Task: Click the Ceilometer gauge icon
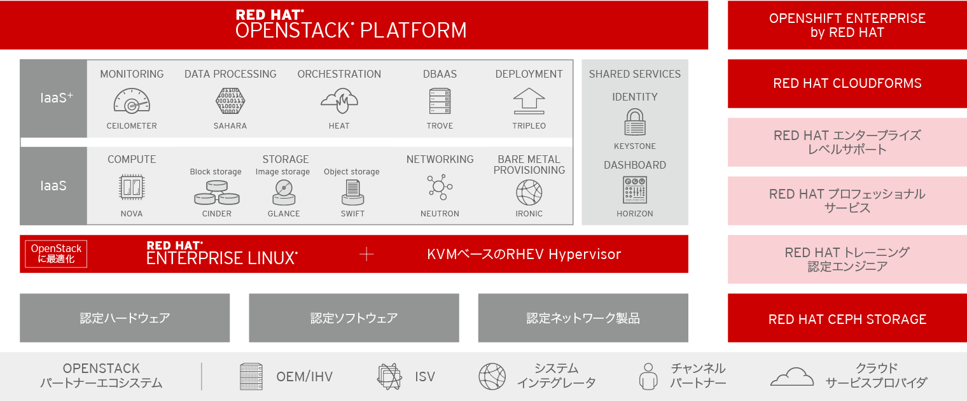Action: coord(132,101)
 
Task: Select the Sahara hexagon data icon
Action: coord(230,101)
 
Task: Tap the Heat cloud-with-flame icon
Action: coord(339,101)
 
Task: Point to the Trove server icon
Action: coord(440,101)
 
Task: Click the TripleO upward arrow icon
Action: coord(529,101)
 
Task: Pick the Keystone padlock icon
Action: coord(634,122)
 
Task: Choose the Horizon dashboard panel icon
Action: coord(634,190)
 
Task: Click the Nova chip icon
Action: coord(132,188)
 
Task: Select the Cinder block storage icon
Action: coord(216,192)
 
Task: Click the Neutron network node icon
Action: coord(440,187)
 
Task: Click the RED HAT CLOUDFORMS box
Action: coord(847,83)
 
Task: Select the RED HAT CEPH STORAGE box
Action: coord(847,319)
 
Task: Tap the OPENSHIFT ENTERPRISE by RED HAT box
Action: coord(847,25)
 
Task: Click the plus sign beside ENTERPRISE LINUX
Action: coord(366,254)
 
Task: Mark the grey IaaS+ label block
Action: coord(53,99)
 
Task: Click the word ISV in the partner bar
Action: coord(424,376)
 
